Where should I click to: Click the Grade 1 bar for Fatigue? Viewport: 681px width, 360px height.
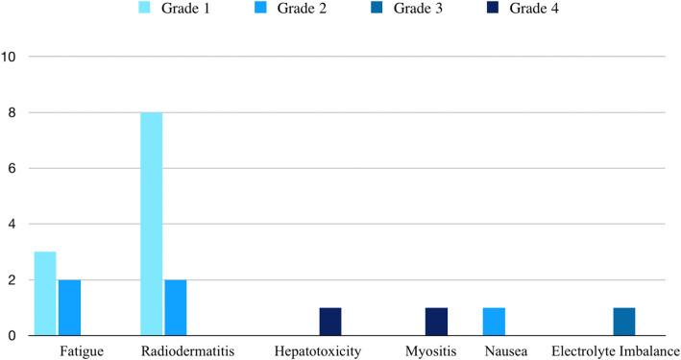point(45,294)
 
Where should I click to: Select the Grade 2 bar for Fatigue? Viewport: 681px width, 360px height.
point(69,307)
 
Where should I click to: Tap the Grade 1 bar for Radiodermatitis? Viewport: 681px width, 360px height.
point(151,224)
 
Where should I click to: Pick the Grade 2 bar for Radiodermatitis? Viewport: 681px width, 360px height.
point(175,307)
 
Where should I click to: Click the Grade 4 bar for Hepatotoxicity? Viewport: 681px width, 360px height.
point(329,322)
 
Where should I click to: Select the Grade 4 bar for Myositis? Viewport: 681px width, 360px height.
point(435,322)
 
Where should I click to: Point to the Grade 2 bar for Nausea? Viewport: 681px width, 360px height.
point(494,322)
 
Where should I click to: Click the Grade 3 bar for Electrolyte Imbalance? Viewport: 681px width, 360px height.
point(623,322)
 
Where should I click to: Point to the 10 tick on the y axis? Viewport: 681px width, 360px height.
point(11,57)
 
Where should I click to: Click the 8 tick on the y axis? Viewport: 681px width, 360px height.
point(11,112)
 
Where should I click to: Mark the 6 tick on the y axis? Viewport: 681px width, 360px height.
point(11,168)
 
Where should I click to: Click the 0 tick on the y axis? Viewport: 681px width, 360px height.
point(11,336)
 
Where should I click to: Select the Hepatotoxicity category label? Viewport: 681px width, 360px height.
point(318,351)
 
